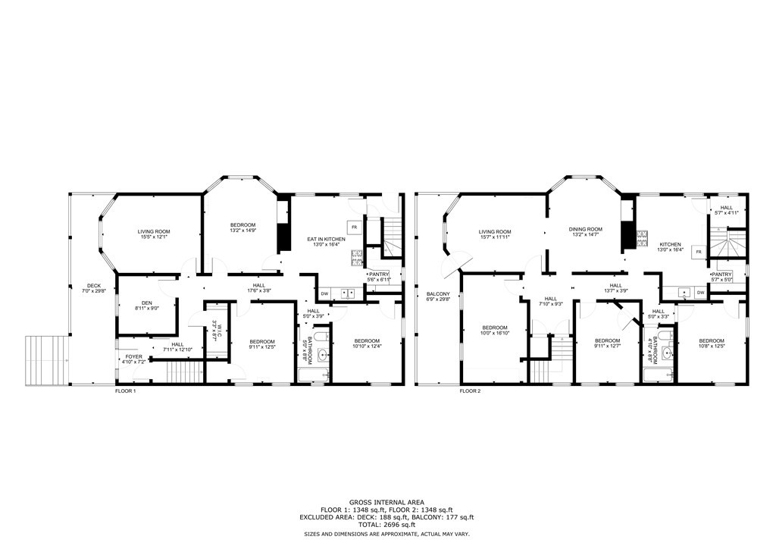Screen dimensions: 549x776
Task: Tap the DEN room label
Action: tap(137, 305)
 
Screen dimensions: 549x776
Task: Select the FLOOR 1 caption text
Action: tap(125, 391)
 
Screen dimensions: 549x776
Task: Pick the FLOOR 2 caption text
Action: tap(469, 391)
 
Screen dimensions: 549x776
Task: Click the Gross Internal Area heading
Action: tap(386, 502)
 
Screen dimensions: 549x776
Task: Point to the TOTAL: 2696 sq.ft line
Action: tap(386, 525)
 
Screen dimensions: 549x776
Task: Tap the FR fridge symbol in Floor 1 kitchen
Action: tap(354, 227)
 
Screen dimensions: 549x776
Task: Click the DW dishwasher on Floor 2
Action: tap(700, 293)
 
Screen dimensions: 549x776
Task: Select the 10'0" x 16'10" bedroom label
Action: tap(496, 330)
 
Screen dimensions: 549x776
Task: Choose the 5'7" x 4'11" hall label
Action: tap(726, 211)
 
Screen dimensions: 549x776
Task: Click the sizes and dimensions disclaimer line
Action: tap(386, 535)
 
